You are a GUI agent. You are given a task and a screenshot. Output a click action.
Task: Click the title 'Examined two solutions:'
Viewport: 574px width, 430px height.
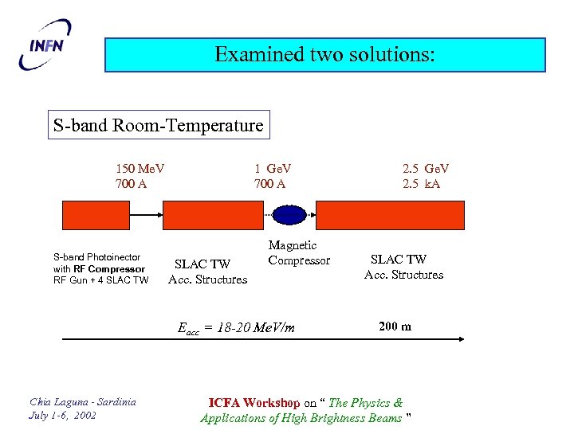click(x=325, y=55)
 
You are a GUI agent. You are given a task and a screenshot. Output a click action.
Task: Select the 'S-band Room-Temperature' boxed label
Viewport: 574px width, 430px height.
click(x=158, y=125)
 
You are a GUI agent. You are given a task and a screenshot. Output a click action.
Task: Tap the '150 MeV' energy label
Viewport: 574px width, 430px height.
click(x=140, y=169)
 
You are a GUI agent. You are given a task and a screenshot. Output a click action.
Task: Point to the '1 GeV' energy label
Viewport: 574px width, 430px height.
click(x=273, y=169)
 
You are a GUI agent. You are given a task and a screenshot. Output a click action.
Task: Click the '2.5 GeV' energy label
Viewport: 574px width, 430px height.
click(x=426, y=169)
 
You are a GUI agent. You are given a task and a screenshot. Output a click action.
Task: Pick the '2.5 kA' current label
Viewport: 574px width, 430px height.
click(x=422, y=184)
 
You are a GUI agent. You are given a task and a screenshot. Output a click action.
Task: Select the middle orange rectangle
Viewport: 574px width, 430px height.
click(x=213, y=215)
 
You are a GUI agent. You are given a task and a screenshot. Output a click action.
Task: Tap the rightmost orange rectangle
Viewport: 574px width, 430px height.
click(x=391, y=215)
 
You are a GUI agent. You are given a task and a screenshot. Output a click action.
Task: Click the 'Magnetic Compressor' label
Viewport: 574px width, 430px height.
click(x=298, y=253)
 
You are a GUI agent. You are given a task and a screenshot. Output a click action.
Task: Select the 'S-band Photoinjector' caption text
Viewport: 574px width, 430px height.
click(x=96, y=257)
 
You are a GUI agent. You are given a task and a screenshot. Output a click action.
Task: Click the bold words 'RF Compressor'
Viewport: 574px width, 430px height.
click(x=110, y=268)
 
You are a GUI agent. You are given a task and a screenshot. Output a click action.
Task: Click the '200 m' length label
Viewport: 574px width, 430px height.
click(x=395, y=326)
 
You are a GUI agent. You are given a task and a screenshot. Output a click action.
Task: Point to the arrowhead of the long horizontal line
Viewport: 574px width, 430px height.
click(x=460, y=341)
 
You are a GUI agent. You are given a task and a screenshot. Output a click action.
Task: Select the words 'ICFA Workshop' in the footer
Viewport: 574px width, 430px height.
click(x=254, y=403)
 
